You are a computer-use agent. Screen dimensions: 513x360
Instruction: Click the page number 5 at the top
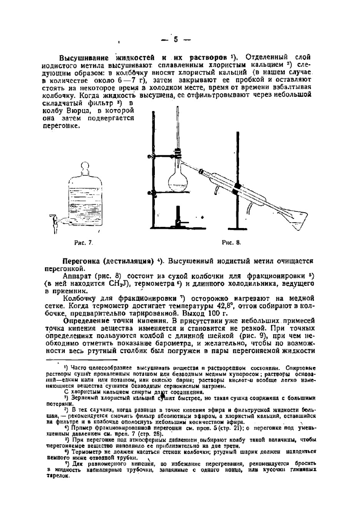[176, 40]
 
